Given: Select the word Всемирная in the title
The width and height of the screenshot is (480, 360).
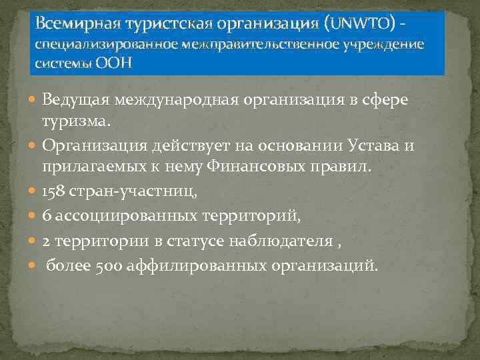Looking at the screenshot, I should click(x=73, y=24).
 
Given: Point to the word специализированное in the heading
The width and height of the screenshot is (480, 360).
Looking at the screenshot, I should click(x=93, y=45).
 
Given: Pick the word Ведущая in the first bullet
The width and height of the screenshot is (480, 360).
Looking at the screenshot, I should click(x=75, y=101).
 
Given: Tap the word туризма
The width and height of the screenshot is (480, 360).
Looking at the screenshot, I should click(x=87, y=122).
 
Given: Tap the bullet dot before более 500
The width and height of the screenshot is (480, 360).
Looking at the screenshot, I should click(x=33, y=267).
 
